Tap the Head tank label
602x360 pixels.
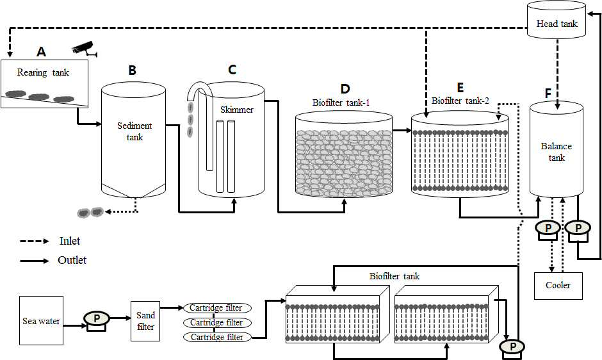[x=557, y=24]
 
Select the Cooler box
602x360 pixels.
[x=558, y=286]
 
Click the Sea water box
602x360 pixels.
[x=41, y=321]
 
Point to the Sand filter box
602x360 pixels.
[x=145, y=321]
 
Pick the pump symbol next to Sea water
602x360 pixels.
[x=97, y=320]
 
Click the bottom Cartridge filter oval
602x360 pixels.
[x=217, y=338]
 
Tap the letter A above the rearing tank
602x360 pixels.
[x=41, y=51]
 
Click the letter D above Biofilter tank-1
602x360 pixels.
[x=345, y=89]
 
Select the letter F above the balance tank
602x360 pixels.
[x=548, y=94]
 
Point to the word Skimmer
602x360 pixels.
[x=237, y=110]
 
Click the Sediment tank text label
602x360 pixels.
[x=134, y=131]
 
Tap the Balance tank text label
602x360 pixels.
[x=557, y=152]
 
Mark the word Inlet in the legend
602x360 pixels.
[x=70, y=241]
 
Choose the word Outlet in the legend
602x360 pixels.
[x=72, y=260]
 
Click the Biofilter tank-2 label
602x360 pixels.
[x=460, y=101]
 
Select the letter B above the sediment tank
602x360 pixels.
[x=132, y=70]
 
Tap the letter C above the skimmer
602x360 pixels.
[x=232, y=70]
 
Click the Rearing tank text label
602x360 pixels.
[x=43, y=72]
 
